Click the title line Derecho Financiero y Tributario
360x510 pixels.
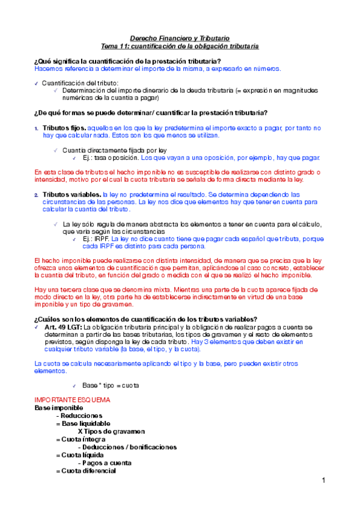[x=180, y=37]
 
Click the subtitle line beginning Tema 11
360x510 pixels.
[x=180, y=46]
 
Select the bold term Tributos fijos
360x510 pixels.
[x=64, y=128]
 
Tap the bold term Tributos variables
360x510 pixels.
[x=72, y=195]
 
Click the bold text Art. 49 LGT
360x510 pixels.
[x=65, y=327]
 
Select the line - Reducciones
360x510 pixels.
[x=79, y=416]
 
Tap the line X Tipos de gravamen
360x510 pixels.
[x=111, y=431]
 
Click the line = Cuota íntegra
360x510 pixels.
[x=80, y=440]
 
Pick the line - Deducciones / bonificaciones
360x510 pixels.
[x=127, y=447]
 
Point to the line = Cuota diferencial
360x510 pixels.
[x=85, y=471]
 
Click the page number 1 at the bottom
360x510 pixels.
[x=323, y=481]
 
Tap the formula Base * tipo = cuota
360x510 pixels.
[x=111, y=385]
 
